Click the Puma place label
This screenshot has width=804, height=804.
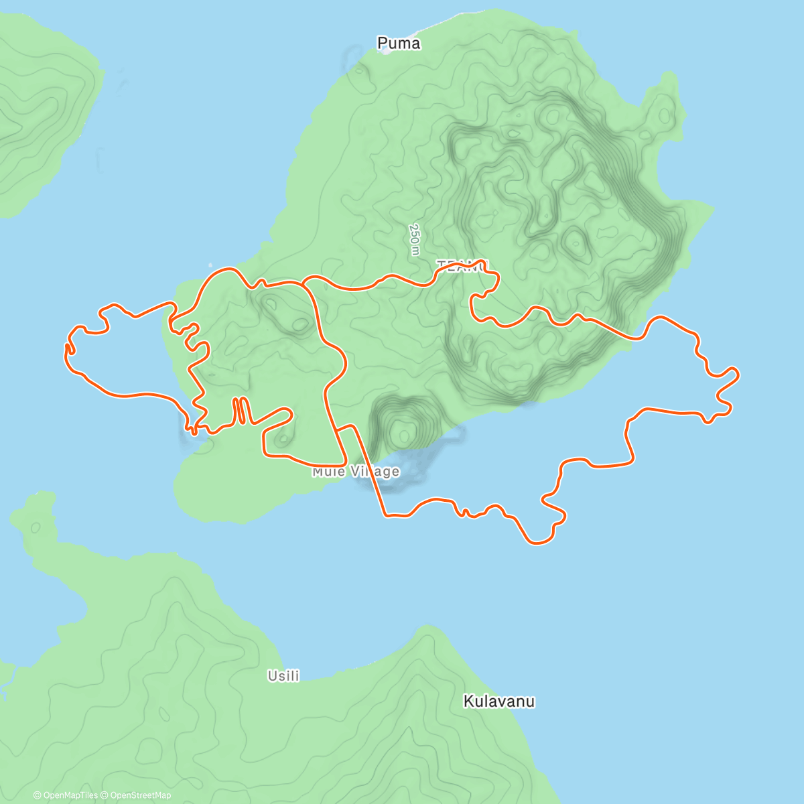[x=399, y=44]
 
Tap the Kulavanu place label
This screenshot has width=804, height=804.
[x=499, y=701]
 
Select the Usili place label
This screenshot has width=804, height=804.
[x=283, y=676]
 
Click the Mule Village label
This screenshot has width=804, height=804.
[x=356, y=472]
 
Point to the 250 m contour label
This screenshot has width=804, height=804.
[x=415, y=239]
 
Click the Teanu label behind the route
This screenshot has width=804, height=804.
[x=462, y=266]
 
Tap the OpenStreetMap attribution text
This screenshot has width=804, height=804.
[x=140, y=795]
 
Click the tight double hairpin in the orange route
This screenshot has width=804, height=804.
[x=241, y=410]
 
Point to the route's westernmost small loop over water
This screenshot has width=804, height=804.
[x=68, y=348]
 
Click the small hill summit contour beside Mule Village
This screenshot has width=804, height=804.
[x=403, y=435]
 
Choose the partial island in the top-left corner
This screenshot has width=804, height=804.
[x=40, y=107]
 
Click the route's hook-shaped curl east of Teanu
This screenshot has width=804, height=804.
[x=479, y=295]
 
